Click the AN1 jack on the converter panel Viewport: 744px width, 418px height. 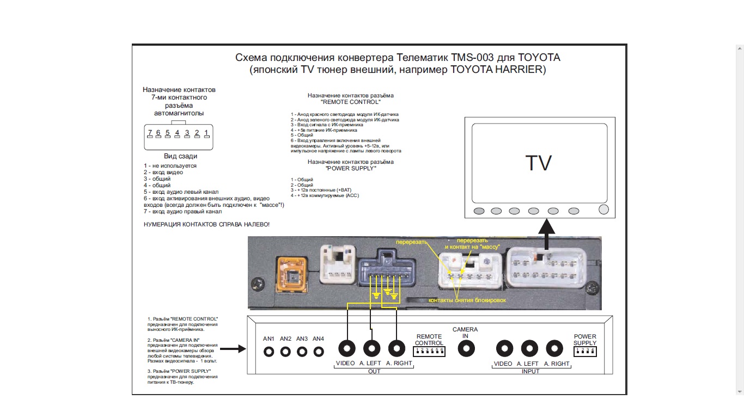(x=269, y=352)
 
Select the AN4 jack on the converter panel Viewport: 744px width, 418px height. (x=318, y=352)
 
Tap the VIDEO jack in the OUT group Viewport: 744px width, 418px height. (x=347, y=348)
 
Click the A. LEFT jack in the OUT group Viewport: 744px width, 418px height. (x=372, y=348)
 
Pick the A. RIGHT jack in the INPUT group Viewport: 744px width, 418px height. (x=554, y=348)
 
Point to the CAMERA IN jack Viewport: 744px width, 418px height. (x=465, y=349)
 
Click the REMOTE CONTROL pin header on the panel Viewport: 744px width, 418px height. (x=430, y=352)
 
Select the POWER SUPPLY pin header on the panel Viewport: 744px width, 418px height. (x=585, y=352)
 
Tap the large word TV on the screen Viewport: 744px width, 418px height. (x=538, y=164)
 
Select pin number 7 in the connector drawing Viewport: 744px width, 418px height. (x=149, y=133)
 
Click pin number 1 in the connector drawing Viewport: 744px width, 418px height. (x=206, y=133)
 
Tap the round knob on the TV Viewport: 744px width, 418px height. (x=603, y=210)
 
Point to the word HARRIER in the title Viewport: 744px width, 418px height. (x=517, y=70)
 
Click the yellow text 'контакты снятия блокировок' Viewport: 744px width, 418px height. (x=467, y=300)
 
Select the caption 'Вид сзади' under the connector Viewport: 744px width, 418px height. (x=180, y=156)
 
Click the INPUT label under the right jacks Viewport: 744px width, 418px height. (x=530, y=371)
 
